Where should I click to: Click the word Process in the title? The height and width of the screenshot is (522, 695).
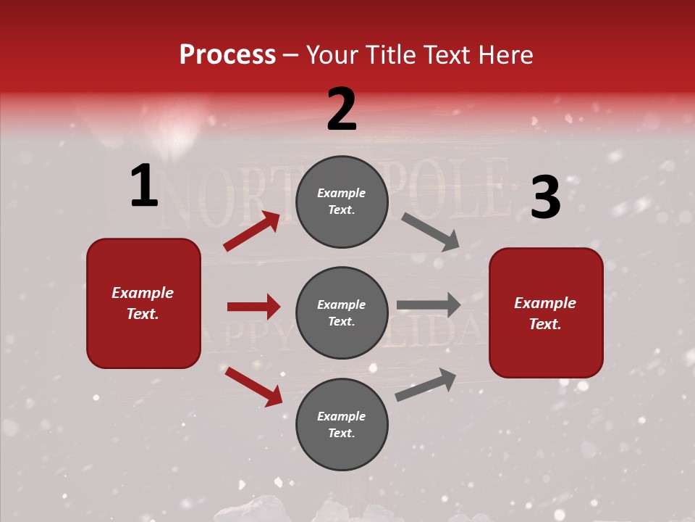click(227, 55)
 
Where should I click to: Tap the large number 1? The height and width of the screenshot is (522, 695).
click(144, 186)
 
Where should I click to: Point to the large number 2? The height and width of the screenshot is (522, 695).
click(342, 109)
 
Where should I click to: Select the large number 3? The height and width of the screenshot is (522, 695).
click(545, 198)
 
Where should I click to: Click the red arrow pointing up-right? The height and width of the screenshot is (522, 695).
click(251, 231)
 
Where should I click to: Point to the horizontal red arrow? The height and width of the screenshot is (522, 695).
click(253, 307)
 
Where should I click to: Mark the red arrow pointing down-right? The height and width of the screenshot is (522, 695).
click(253, 386)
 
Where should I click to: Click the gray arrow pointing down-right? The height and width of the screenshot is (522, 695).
click(431, 232)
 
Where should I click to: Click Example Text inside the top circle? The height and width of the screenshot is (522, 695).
click(342, 202)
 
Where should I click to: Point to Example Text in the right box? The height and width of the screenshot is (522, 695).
click(545, 313)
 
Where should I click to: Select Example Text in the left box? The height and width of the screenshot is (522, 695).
click(143, 303)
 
